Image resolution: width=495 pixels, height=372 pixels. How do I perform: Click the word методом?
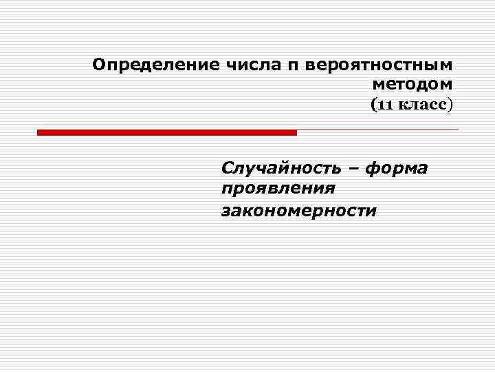click(x=412, y=84)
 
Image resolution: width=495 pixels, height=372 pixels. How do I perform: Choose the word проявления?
click(x=278, y=189)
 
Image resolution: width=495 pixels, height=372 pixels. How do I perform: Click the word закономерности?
click(x=298, y=210)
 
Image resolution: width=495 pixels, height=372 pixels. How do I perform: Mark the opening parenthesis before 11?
click(x=373, y=105)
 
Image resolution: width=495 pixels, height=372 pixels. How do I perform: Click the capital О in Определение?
click(x=99, y=65)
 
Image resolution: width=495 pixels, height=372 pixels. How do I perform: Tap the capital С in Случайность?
click(x=227, y=168)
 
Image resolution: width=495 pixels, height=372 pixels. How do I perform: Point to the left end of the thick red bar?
click(x=39, y=132)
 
